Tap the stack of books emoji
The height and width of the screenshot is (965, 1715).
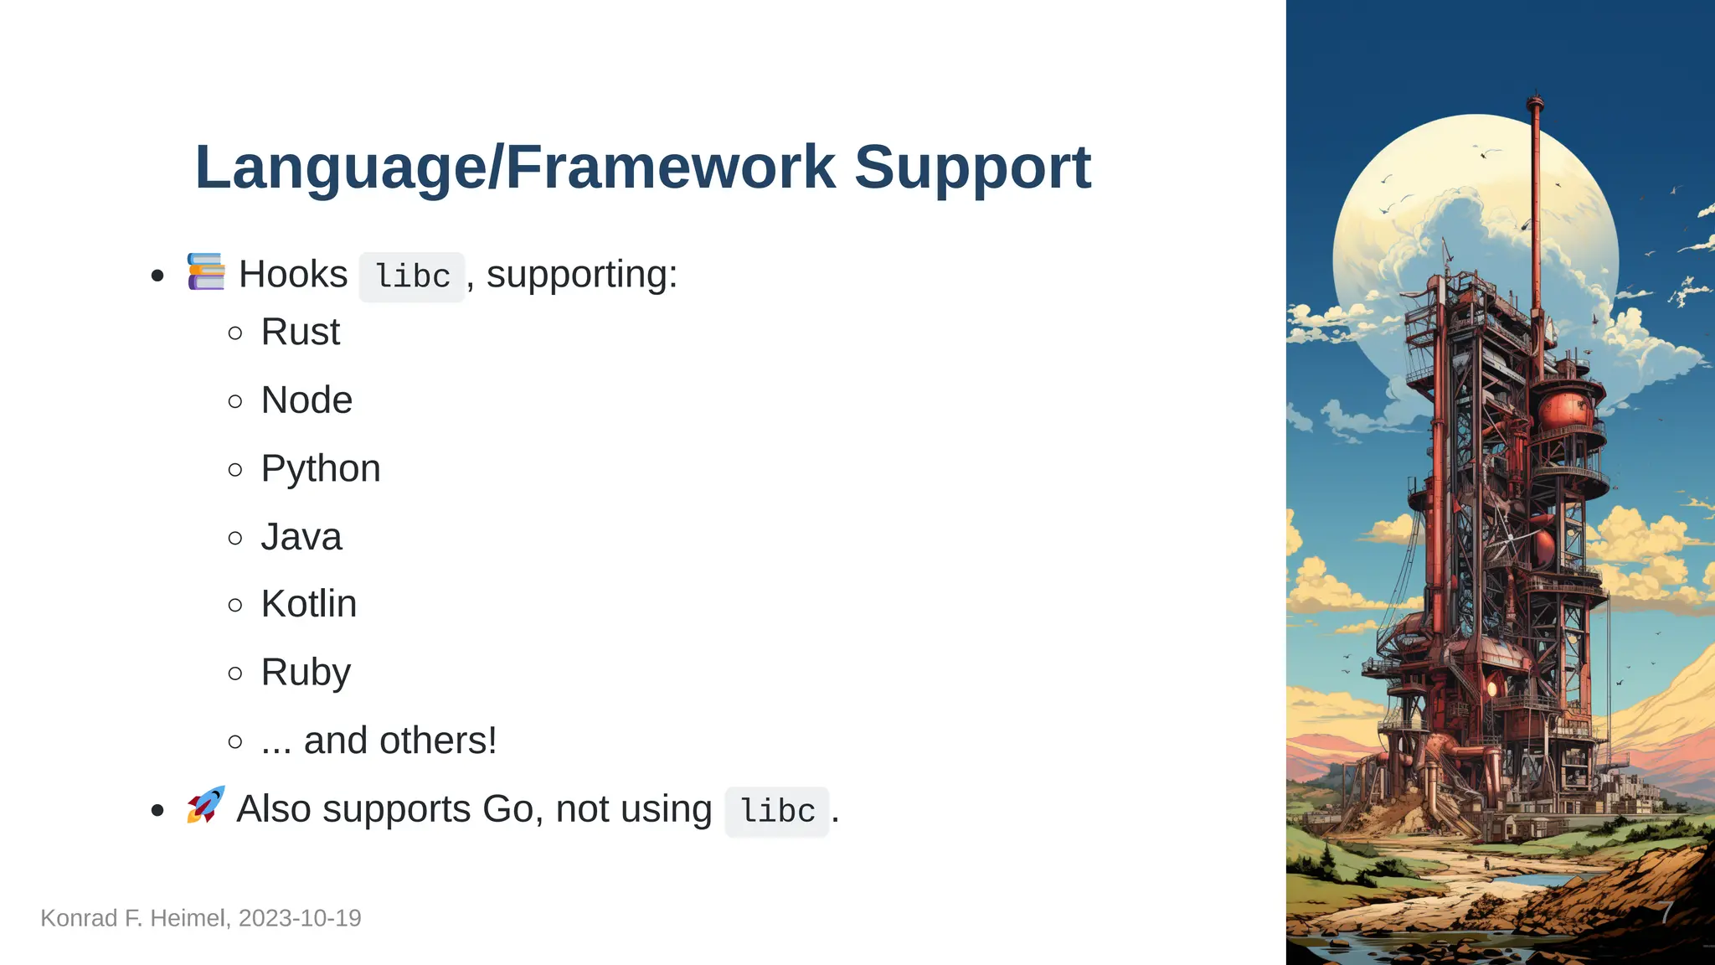pyautogui.click(x=206, y=271)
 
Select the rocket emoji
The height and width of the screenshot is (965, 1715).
pyautogui.click(x=206, y=805)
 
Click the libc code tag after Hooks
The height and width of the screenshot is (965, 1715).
pyautogui.click(x=412, y=276)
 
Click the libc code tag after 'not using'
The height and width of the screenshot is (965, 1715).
pyautogui.click(x=777, y=811)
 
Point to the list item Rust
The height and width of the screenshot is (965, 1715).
pyautogui.click(x=300, y=332)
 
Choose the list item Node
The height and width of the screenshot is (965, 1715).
pyautogui.click(x=306, y=400)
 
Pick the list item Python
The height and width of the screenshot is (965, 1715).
pyautogui.click(x=320, y=469)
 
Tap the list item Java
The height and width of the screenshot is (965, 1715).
pyautogui.click(x=301, y=537)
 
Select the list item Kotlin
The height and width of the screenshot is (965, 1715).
pyautogui.click(x=308, y=604)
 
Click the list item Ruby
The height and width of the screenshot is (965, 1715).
pyautogui.click(x=306, y=673)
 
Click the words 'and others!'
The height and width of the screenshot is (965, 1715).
pyautogui.click(x=399, y=741)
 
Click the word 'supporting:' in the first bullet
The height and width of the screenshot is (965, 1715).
pyautogui.click(x=581, y=275)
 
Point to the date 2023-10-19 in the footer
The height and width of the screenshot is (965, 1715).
pyautogui.click(x=300, y=918)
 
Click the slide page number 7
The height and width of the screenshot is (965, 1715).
pyautogui.click(x=1666, y=912)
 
